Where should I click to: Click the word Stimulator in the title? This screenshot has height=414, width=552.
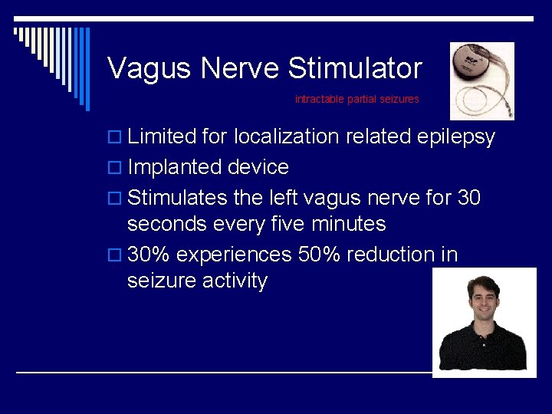(354, 68)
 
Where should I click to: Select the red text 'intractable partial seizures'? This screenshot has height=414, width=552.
(357, 100)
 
